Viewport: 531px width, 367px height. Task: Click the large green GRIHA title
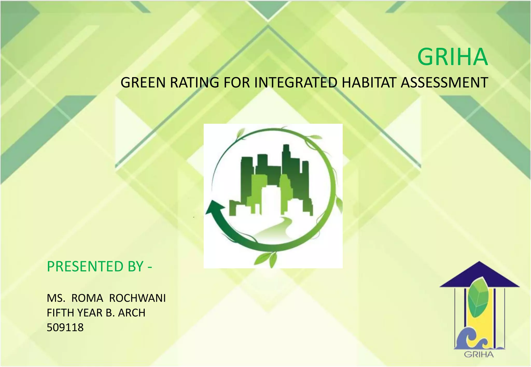452,57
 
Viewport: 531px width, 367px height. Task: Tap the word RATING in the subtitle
194,83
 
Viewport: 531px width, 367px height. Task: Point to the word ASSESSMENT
444,83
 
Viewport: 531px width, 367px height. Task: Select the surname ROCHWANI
137,298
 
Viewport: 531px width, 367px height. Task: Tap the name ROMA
87,298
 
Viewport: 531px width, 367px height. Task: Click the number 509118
65,327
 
